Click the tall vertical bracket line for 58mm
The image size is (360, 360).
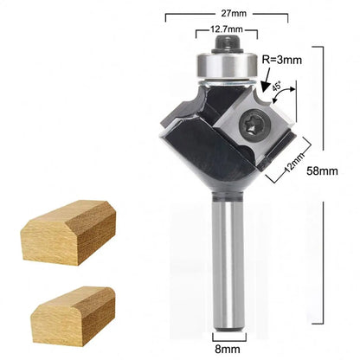coord(323,104)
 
